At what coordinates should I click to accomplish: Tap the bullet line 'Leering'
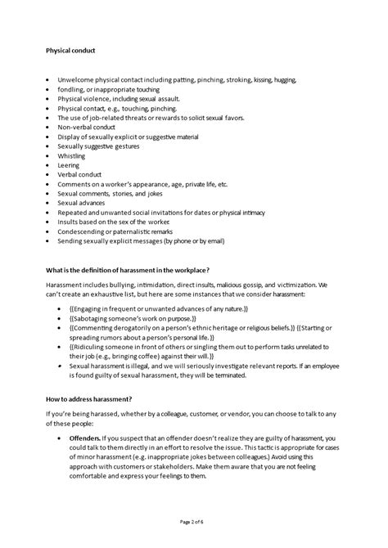pos(69,165)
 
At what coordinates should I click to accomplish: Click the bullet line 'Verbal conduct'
pos(79,175)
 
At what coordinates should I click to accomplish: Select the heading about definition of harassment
pos(128,271)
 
